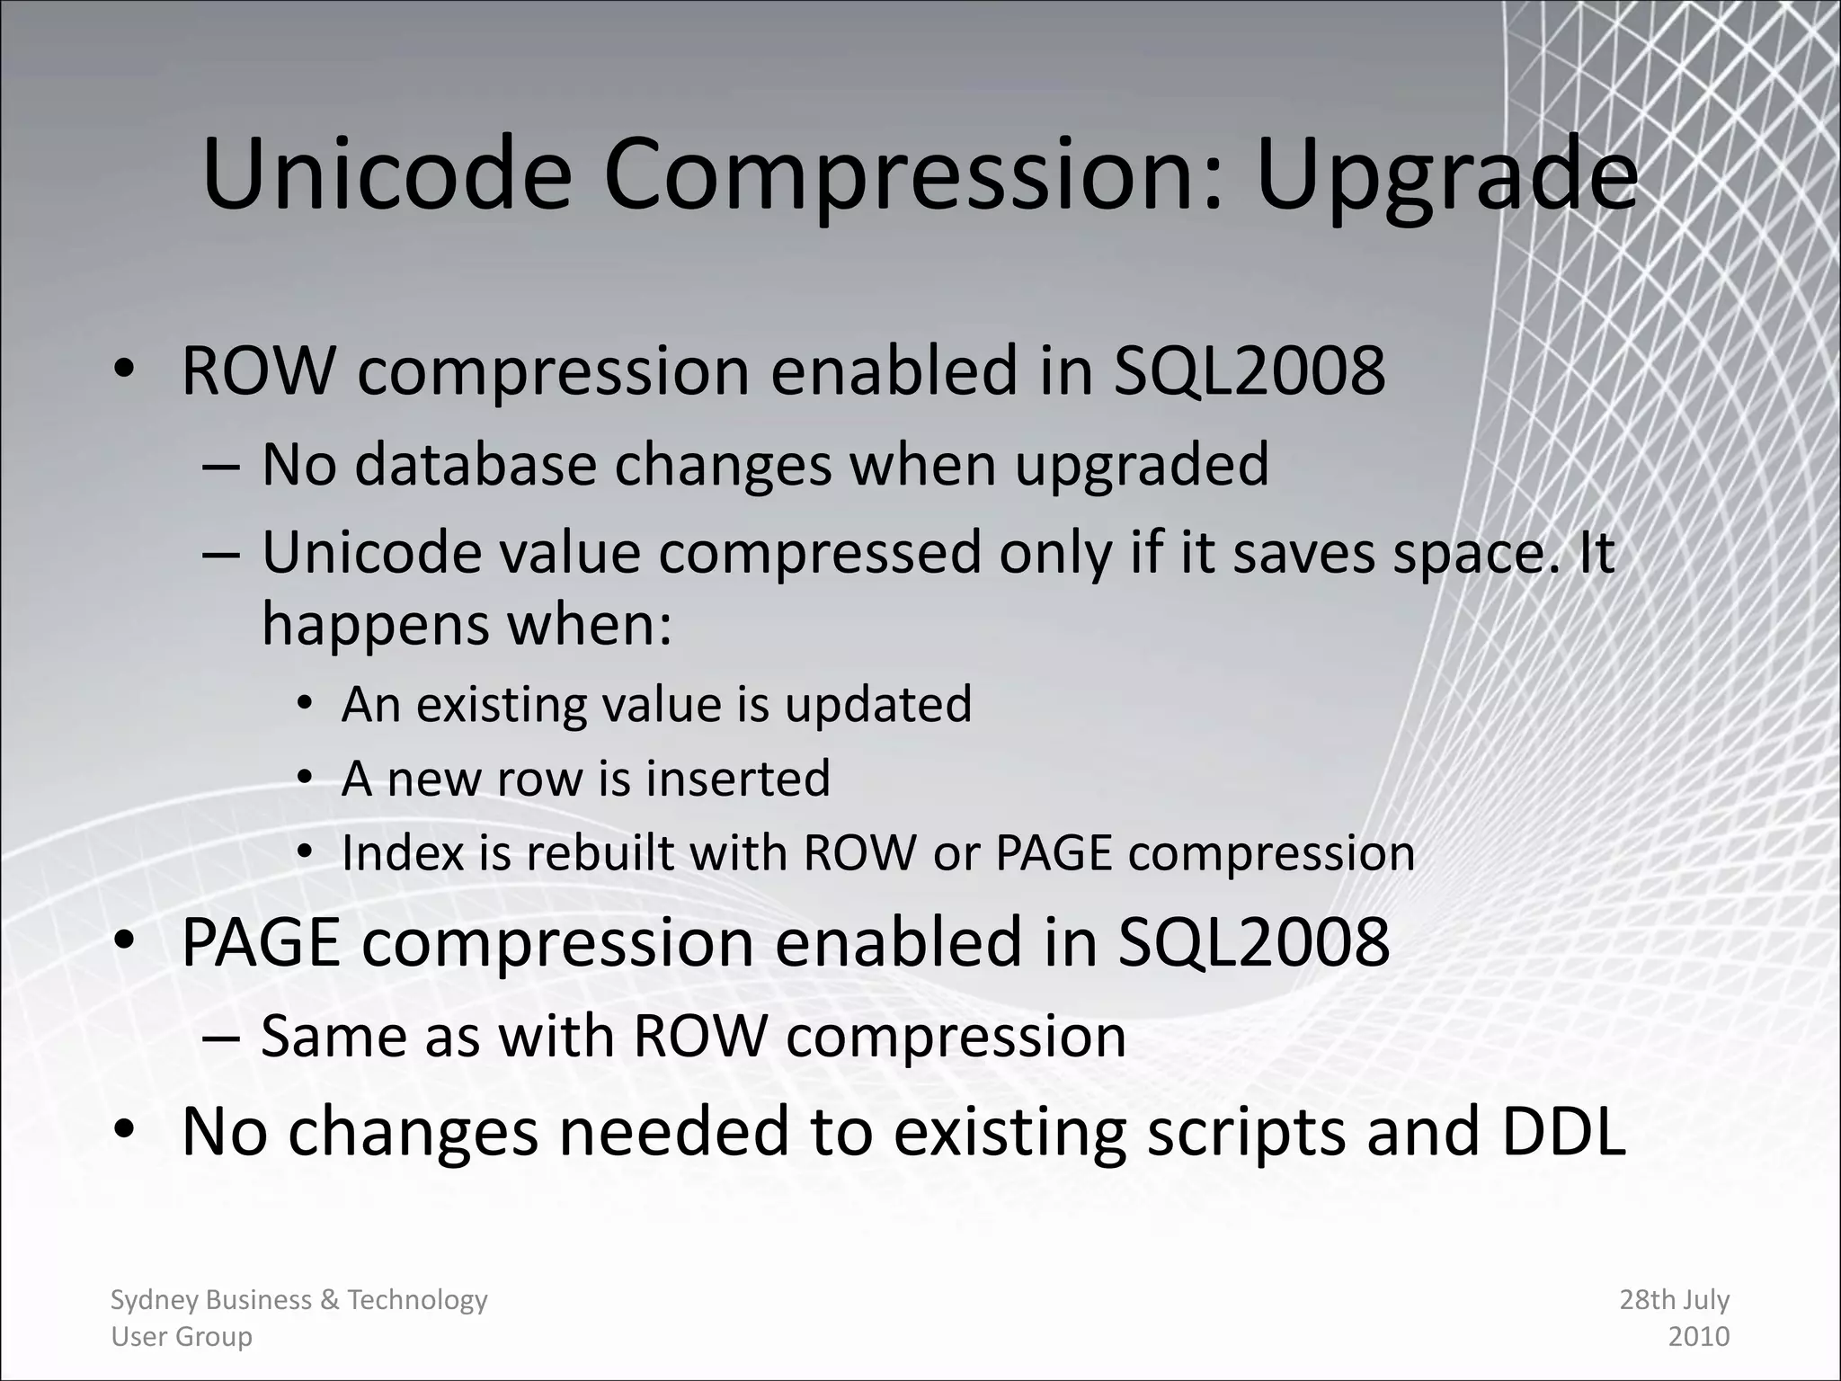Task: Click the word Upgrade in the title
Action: (x=1446, y=177)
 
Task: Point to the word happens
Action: (x=376, y=627)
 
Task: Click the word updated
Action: (x=878, y=704)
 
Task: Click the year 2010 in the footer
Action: (x=1699, y=1337)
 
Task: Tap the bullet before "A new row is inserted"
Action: (x=306, y=777)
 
